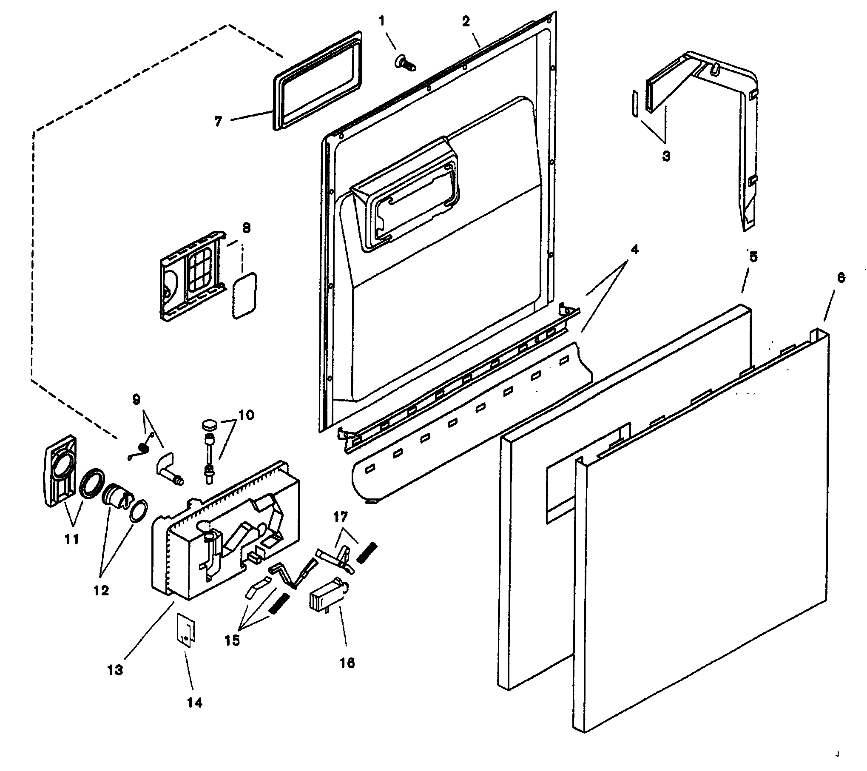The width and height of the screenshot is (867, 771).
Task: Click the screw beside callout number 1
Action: (x=404, y=63)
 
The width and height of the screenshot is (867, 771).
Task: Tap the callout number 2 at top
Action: (x=466, y=22)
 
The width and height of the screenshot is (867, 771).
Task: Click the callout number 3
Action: (x=666, y=156)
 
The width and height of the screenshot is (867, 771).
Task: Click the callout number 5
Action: (x=753, y=257)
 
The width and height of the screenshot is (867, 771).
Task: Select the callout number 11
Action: (x=71, y=540)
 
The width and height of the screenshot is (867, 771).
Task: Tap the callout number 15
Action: (x=232, y=640)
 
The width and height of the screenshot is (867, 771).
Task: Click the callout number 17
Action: (x=340, y=517)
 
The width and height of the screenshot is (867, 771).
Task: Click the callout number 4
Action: (x=634, y=250)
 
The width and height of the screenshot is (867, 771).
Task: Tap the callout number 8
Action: (x=246, y=228)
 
